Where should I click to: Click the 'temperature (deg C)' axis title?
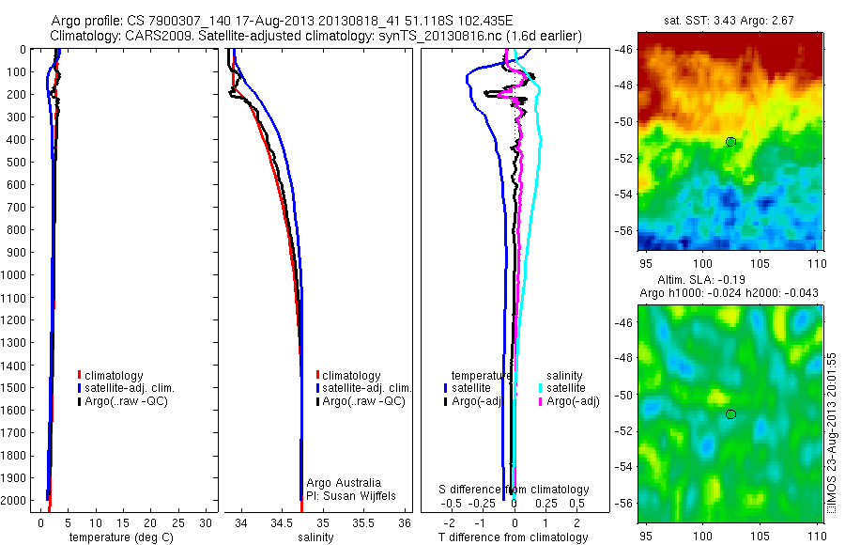pos(119,537)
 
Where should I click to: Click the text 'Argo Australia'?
pos(344,482)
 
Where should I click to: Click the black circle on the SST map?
pos(730,142)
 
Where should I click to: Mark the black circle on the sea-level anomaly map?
pos(730,414)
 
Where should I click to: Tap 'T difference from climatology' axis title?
pos(513,537)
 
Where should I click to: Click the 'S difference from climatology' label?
pos(515,490)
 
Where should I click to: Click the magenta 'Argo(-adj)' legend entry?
pos(573,401)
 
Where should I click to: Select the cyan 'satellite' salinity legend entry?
pos(566,388)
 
